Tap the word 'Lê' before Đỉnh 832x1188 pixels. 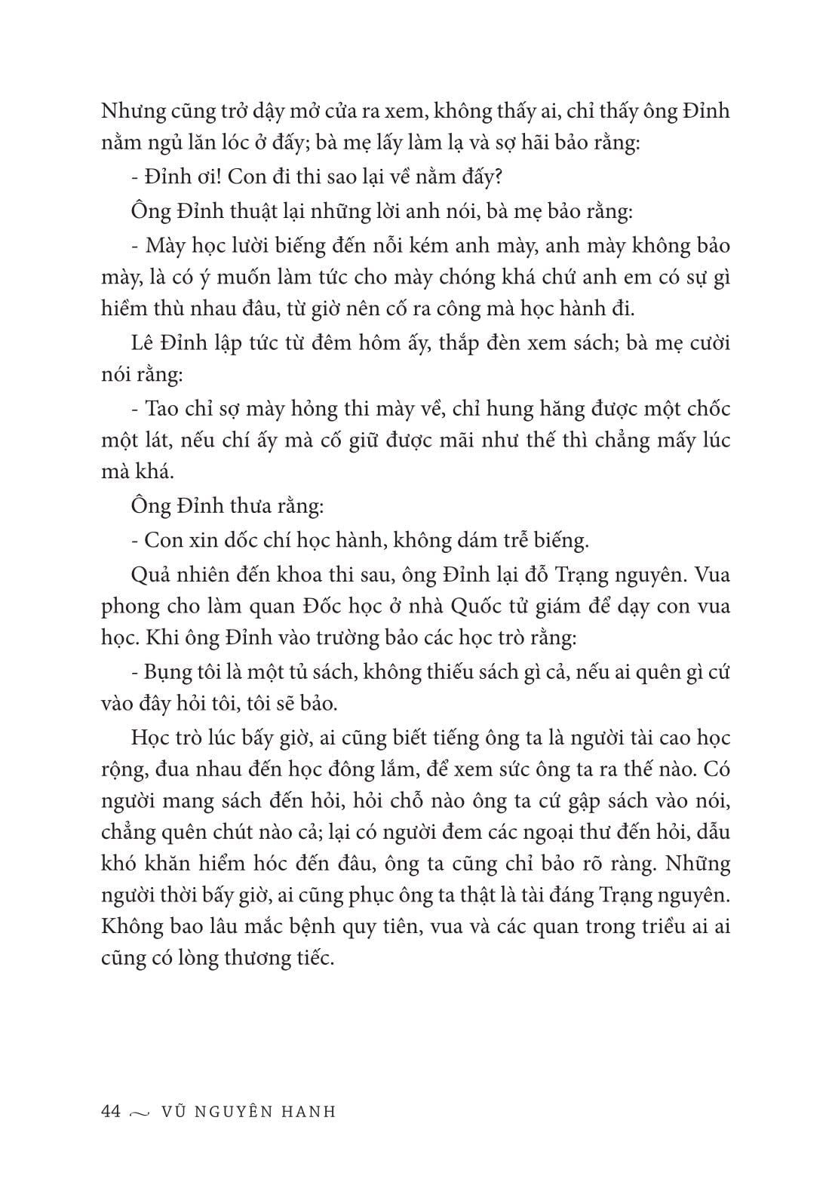coord(141,343)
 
